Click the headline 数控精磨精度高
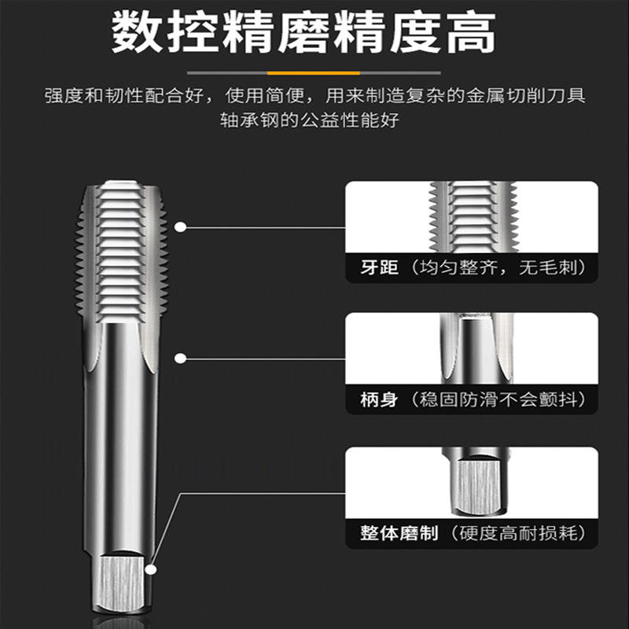[303, 32]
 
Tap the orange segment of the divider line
[313, 73]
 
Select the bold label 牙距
[379, 267]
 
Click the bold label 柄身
[379, 399]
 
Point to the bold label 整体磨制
[399, 533]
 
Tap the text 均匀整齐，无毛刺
[498, 267]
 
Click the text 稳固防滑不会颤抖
[498, 399]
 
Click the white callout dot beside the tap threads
[181, 227]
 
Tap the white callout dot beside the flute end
[181, 359]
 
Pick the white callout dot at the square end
[151, 569]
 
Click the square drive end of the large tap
[122, 583]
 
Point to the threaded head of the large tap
[122, 252]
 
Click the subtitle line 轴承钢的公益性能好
[309, 120]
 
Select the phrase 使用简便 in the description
[264, 95]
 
